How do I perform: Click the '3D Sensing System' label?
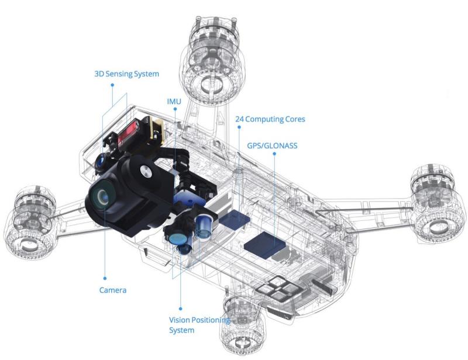point(127,74)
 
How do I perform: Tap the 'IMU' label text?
point(174,102)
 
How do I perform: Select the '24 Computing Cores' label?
point(270,119)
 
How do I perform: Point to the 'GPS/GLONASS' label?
point(272,146)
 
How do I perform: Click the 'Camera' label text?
point(113,290)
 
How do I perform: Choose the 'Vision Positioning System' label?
point(199,325)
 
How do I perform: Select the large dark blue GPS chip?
point(265,244)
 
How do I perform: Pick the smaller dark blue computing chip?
point(235,219)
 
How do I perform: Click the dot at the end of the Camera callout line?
point(105,278)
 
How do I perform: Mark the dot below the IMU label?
point(175,109)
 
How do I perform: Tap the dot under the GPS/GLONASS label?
point(274,154)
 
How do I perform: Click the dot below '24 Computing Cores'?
point(239,127)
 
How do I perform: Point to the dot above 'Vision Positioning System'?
point(180,309)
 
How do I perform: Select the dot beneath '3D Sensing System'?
point(112,85)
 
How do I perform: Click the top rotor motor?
point(212,60)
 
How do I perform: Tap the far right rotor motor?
point(437,206)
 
